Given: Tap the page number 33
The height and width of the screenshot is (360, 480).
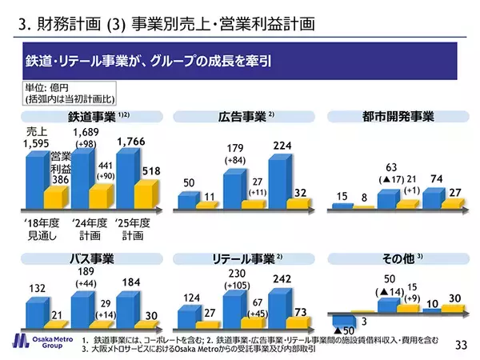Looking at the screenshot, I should point(460,345).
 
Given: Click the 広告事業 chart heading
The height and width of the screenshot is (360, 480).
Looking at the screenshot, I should point(245,117).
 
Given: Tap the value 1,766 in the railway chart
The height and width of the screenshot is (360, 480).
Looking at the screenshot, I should point(132,142).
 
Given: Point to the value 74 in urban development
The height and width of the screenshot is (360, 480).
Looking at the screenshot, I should point(434,178).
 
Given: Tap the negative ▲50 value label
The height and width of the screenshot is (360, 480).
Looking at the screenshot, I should point(343,330).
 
